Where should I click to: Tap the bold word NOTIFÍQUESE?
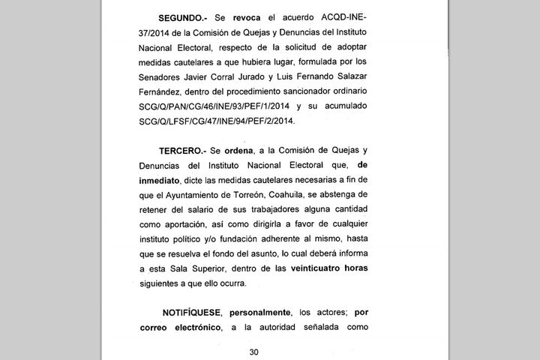click(x=193, y=311)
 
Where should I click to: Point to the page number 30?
click(x=253, y=352)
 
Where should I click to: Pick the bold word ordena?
click(x=256, y=151)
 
